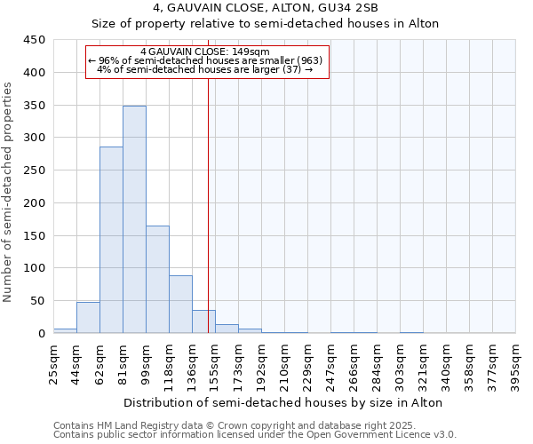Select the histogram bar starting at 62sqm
pos(111,240)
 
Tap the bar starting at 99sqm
pos(157,280)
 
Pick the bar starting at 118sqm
pos(180,305)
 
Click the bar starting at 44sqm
pos(88,318)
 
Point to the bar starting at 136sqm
pos(203,322)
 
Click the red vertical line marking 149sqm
pos(208,195)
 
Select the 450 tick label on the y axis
pos(35,40)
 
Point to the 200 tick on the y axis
pos(35,203)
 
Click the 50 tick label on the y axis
pos(38,301)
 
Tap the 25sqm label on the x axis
pos(54,361)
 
